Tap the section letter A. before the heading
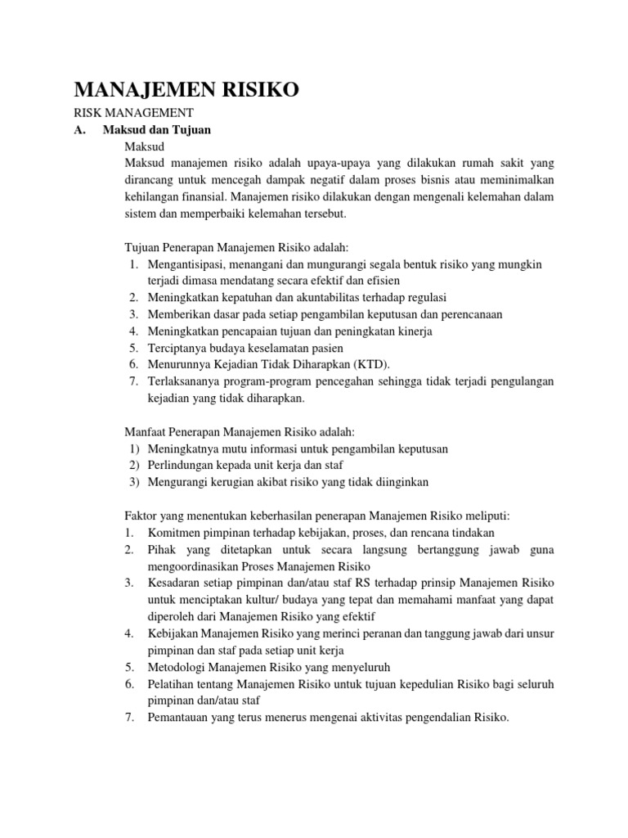[79, 129]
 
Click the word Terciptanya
[175, 349]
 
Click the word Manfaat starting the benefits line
[144, 432]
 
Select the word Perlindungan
[180, 466]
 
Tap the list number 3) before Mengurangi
[135, 482]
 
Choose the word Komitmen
[174, 533]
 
